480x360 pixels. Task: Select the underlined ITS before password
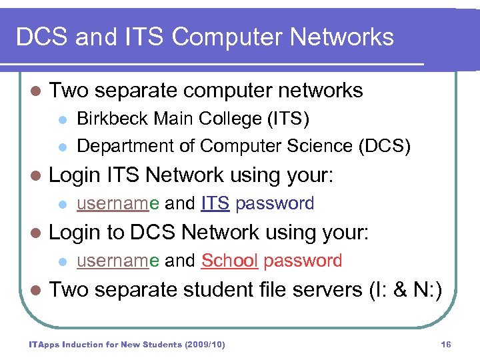[x=215, y=203]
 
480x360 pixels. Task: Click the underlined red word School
[x=229, y=261]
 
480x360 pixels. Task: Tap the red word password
[x=303, y=261]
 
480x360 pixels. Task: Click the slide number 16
[x=446, y=345]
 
